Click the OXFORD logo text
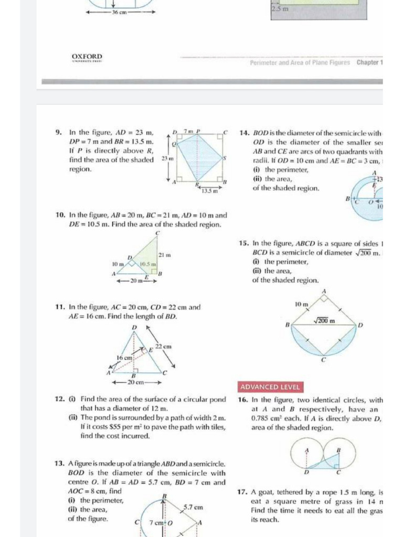pos(87,57)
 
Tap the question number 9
pos(59,133)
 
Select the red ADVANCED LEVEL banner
pos(271,387)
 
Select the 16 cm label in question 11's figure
pos(123,357)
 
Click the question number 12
pos(59,399)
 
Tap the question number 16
pos(242,400)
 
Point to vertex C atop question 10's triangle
pos(157,233)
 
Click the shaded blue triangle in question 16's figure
pos(328,461)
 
